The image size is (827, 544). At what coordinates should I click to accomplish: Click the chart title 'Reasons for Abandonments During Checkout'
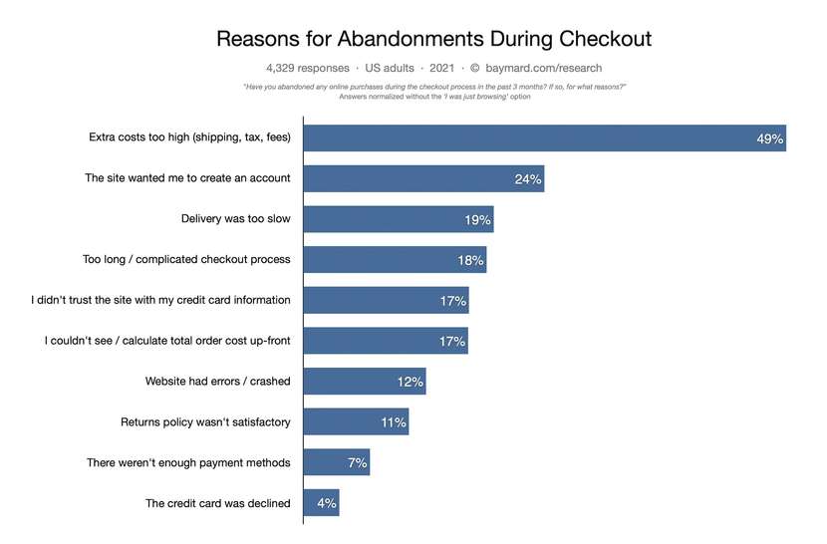click(x=433, y=39)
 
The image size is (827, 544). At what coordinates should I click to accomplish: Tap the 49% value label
click(x=770, y=139)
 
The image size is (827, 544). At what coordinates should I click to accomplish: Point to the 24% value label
click(x=528, y=179)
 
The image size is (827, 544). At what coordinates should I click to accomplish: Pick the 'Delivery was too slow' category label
click(x=235, y=219)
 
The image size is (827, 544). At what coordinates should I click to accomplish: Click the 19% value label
click(x=478, y=220)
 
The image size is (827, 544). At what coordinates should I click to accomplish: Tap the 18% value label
click(x=470, y=261)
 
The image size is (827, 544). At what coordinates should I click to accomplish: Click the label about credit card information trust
click(x=160, y=300)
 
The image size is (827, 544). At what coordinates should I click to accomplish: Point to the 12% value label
click(x=410, y=382)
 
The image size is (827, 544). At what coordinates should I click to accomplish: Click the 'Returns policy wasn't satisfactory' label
click(x=205, y=422)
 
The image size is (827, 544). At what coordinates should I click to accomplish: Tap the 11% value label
click(x=393, y=422)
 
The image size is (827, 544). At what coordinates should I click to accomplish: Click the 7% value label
click(x=357, y=463)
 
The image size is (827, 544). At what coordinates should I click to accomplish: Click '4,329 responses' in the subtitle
click(x=308, y=69)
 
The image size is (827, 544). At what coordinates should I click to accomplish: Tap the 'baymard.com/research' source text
click(x=544, y=69)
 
